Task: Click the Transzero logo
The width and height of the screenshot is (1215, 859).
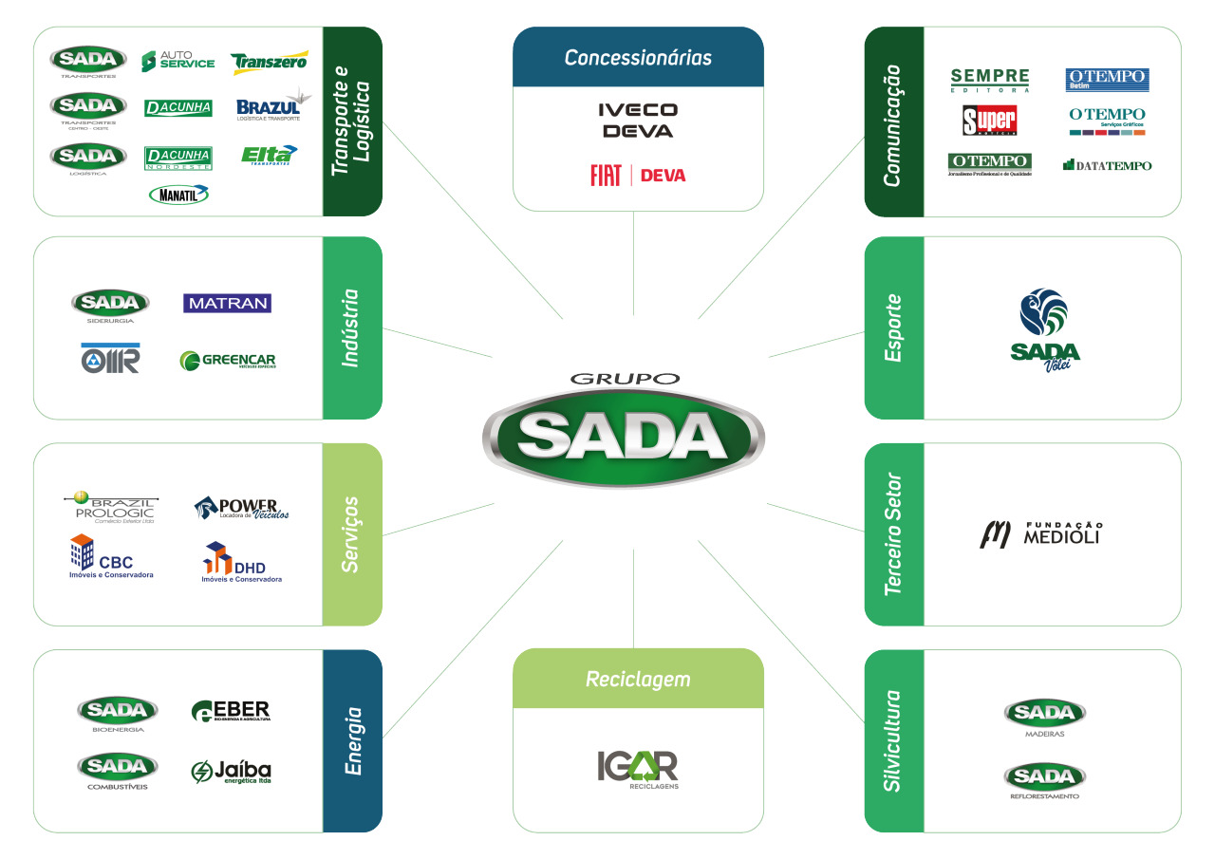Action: click(x=269, y=62)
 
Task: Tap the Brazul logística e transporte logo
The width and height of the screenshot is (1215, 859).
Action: click(x=269, y=107)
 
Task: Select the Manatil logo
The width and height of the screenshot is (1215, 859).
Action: click(x=178, y=195)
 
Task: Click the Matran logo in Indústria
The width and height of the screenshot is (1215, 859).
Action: click(x=227, y=304)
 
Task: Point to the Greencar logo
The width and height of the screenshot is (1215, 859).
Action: click(x=227, y=361)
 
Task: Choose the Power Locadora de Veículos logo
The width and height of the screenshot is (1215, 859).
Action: click(x=241, y=508)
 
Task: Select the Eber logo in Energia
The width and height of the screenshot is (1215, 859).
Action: click(x=231, y=711)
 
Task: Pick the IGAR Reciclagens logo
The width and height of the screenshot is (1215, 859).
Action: click(x=638, y=768)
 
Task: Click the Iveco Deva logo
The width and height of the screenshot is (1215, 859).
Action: click(x=638, y=121)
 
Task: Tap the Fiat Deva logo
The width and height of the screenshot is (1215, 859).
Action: click(x=638, y=176)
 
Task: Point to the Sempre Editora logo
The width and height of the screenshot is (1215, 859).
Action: click(x=989, y=81)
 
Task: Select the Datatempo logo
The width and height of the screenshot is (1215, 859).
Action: click(x=1107, y=165)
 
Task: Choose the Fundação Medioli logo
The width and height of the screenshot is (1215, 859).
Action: click(x=1040, y=534)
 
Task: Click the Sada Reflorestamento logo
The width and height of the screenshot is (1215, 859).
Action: click(x=1044, y=781)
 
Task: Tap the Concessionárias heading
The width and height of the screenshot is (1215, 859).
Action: click(x=638, y=58)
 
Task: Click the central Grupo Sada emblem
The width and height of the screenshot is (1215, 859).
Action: click(x=622, y=436)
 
